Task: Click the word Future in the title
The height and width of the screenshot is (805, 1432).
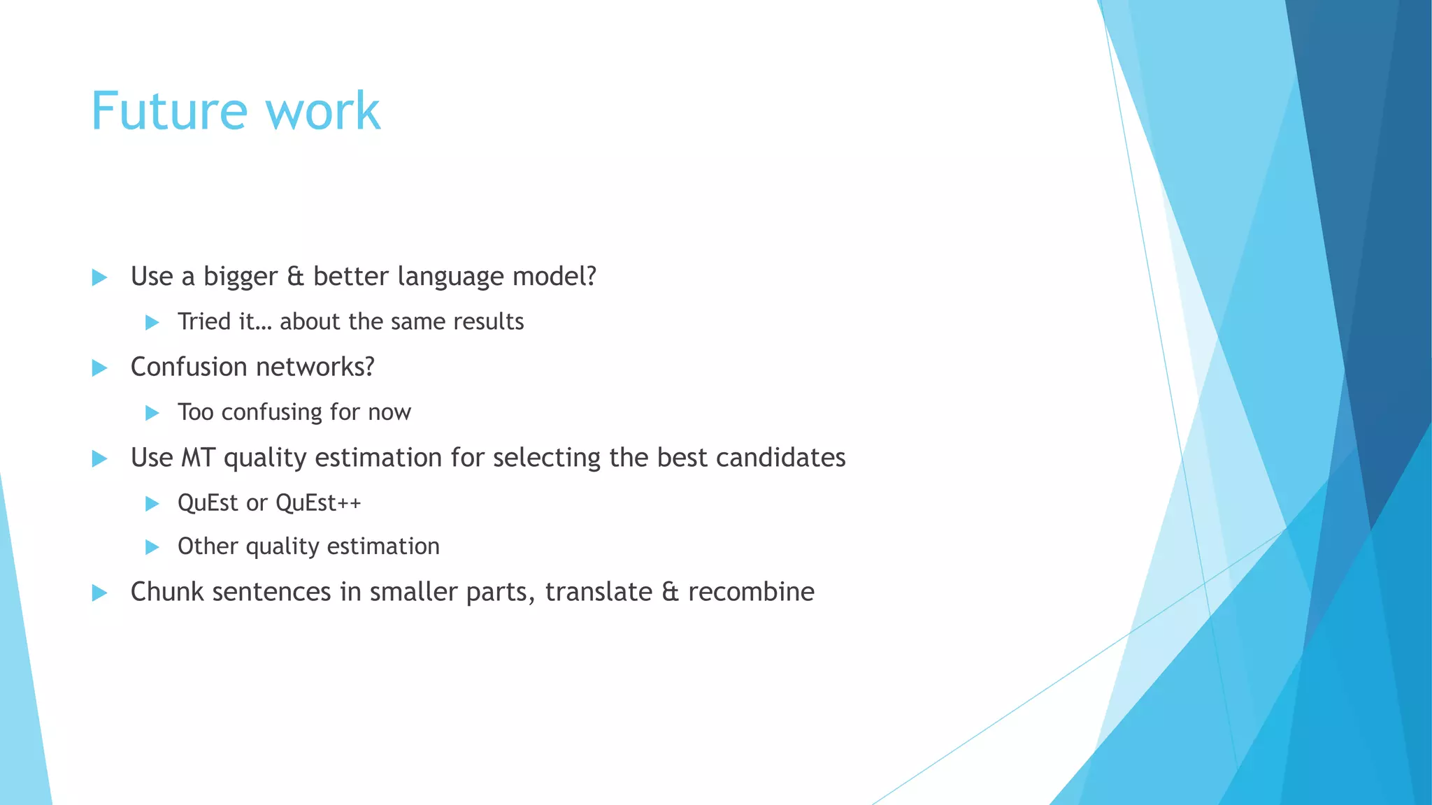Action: pos(169,112)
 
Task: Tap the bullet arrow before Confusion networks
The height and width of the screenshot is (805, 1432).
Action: pos(99,368)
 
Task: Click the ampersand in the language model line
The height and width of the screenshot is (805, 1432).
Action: pos(296,277)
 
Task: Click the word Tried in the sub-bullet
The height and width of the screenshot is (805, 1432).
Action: pos(204,321)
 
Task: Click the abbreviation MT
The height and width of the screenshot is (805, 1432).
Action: pos(198,458)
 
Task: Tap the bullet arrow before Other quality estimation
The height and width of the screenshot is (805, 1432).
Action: pos(152,547)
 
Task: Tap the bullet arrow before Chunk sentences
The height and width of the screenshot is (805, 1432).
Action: pos(99,593)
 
